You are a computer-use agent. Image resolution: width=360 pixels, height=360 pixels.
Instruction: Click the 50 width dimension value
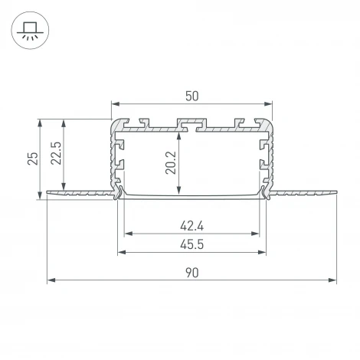coord(191,96)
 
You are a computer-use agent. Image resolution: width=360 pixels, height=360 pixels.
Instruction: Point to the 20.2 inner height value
coord(170,162)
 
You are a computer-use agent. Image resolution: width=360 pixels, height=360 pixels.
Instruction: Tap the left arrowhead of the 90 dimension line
coord(50,281)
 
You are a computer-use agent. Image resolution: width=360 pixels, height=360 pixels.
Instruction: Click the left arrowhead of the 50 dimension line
coord(115,103)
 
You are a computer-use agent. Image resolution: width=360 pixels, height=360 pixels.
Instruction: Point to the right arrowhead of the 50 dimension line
coord(269,103)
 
